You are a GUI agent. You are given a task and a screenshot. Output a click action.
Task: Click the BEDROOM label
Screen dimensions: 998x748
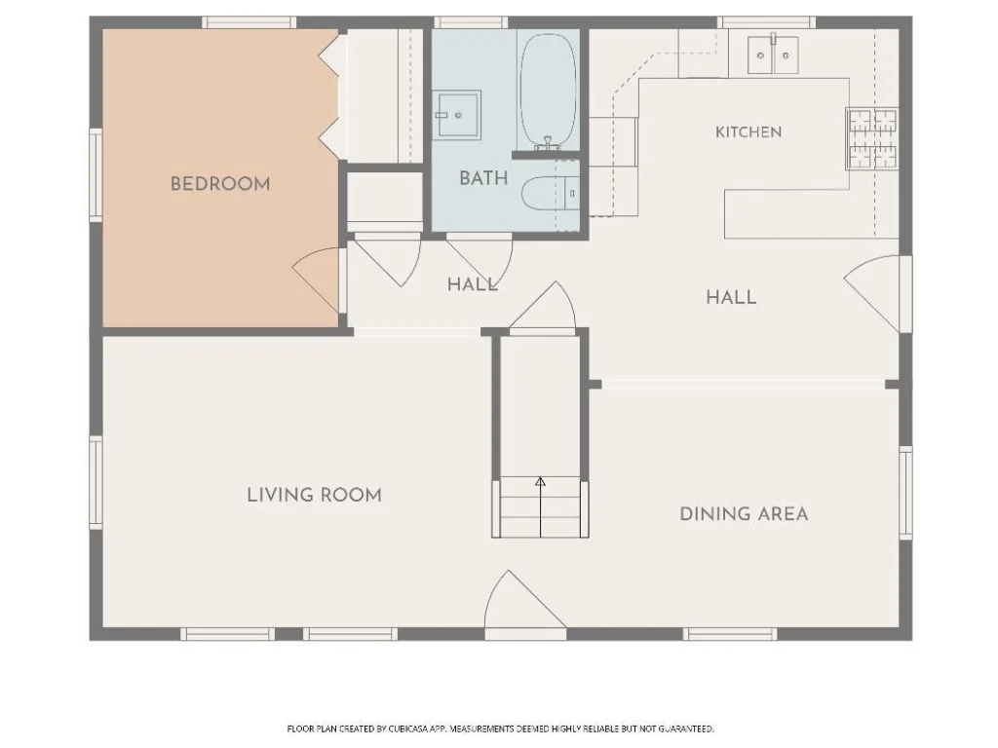pos(220,184)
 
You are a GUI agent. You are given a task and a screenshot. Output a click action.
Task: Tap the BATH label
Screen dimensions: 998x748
pos(483,178)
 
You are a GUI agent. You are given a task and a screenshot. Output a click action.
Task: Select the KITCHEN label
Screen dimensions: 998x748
pos(748,132)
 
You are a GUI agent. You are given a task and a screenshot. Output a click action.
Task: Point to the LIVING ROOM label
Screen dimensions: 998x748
pos(315,495)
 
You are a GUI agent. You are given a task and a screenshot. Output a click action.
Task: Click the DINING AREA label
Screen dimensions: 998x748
pos(744,514)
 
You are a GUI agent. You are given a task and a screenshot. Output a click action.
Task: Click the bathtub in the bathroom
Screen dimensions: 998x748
pos(548,91)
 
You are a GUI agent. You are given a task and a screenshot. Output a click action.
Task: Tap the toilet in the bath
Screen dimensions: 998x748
pos(552,194)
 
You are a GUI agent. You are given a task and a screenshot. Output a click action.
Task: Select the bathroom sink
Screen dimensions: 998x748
pos(457,115)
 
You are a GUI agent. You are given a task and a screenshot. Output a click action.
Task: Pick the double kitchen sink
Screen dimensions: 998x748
pos(773,55)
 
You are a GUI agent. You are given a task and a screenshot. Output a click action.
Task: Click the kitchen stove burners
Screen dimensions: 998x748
pos(872,138)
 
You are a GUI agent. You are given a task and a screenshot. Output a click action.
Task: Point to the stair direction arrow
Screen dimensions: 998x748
pos(540,506)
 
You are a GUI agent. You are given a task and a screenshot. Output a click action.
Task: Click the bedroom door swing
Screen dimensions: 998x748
pos(317,280)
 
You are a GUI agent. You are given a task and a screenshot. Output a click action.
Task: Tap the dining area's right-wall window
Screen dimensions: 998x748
pos(905,493)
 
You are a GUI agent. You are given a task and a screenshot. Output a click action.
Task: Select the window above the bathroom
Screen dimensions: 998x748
pos(471,22)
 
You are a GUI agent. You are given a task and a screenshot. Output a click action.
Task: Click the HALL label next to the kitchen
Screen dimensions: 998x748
pos(731,297)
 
